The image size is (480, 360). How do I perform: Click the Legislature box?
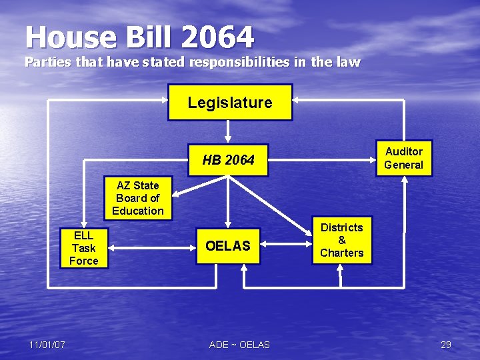pyautogui.click(x=230, y=102)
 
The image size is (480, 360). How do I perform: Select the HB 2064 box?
pyautogui.click(x=228, y=160)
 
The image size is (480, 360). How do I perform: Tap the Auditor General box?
pyautogui.click(x=403, y=158)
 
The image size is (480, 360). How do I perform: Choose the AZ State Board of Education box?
pyautogui.click(x=138, y=198)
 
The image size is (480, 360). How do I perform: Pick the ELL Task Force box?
pyautogui.click(x=84, y=248)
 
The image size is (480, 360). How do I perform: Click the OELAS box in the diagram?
pyautogui.click(x=228, y=246)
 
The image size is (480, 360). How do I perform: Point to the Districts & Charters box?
pyautogui.click(x=341, y=240)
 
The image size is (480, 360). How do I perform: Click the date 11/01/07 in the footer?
pyautogui.click(x=47, y=345)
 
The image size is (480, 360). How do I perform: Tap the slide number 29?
pyautogui.click(x=446, y=345)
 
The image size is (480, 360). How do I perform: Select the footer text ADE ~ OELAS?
pyautogui.click(x=239, y=345)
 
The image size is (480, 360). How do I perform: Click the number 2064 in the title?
pyautogui.click(x=217, y=37)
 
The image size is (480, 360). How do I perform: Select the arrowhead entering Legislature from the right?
pyautogui.click(x=297, y=100)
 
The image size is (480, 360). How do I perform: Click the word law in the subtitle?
pyautogui.click(x=349, y=63)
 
